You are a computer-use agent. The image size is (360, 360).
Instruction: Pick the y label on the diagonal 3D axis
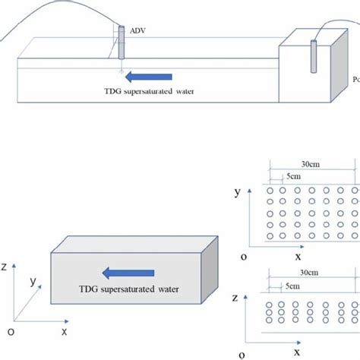pyautogui.click(x=33, y=282)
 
